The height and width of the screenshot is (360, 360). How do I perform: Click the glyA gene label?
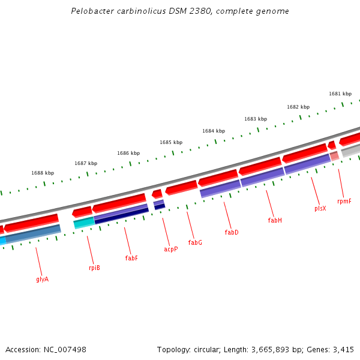tap(42, 279)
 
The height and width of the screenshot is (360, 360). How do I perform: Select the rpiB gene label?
tap(94, 268)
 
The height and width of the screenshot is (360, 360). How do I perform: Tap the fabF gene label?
tap(131, 258)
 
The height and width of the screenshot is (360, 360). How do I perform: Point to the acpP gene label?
tap(171, 249)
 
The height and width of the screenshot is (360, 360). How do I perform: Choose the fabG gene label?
tap(195, 242)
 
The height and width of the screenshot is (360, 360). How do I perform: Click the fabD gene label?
tap(232, 232)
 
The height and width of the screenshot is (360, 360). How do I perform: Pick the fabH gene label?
tap(275, 220)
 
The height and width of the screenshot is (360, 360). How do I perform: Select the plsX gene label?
tap(320, 208)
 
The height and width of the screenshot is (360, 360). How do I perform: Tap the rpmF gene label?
tap(344, 201)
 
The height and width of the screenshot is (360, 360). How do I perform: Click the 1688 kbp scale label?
tap(43, 173)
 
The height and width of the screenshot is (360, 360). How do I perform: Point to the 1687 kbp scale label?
tap(86, 163)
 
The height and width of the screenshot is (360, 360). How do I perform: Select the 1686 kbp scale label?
tap(128, 153)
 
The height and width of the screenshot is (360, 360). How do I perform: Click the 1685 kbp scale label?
tap(171, 142)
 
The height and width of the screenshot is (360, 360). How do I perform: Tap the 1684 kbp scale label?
tap(214, 131)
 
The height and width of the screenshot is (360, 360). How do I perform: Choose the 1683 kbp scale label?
tap(256, 119)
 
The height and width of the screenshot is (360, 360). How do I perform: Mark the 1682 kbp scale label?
tap(298, 107)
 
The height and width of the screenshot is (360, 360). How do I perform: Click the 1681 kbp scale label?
tap(340, 94)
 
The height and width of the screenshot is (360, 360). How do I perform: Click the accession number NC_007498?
tap(65, 349)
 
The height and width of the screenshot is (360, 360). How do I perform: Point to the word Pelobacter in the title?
tap(91, 11)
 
